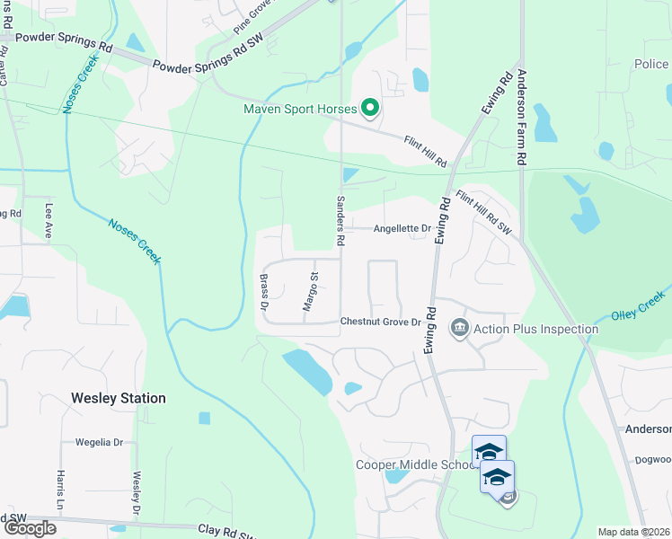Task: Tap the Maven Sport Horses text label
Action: point(300,110)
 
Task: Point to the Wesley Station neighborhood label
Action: point(119,397)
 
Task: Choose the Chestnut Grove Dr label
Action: point(381,322)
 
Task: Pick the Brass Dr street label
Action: point(265,292)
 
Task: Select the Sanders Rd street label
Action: point(340,221)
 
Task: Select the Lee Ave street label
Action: point(49,221)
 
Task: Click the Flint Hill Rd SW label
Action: point(482,213)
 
